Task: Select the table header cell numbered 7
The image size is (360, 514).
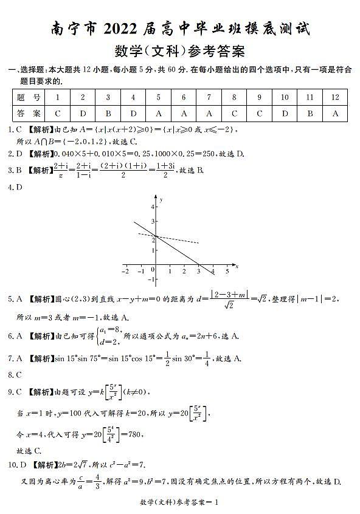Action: click(209, 97)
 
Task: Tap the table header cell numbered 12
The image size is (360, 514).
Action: click(334, 97)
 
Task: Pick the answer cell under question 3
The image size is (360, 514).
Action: click(108, 113)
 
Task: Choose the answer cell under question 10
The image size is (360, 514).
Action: click(284, 113)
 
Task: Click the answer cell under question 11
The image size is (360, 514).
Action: click(310, 113)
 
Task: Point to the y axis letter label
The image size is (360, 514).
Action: click(161, 199)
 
